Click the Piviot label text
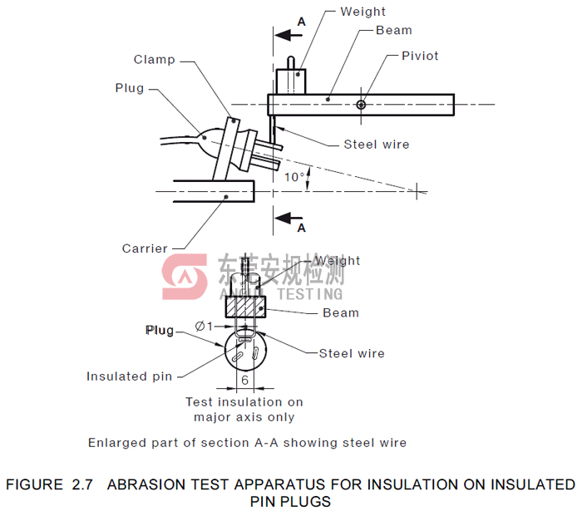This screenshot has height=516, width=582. coord(420,56)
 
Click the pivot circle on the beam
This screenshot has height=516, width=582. coord(361,104)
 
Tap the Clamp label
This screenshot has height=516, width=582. coord(155,59)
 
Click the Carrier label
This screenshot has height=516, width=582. coord(145,248)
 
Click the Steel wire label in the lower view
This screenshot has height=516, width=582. coord(352,353)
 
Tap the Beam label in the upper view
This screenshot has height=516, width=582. coord(394,30)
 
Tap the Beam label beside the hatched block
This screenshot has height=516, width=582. coord(341,312)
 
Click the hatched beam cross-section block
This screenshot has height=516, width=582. coord(247,307)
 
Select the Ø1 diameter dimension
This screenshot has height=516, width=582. coord(205,327)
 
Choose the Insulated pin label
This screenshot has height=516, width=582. coord(130,376)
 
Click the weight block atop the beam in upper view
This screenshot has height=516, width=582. coord(289,81)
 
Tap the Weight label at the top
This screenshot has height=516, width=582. coord(363,12)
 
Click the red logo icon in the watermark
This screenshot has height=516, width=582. coord(184,277)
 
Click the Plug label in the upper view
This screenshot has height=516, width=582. coord(130,88)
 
